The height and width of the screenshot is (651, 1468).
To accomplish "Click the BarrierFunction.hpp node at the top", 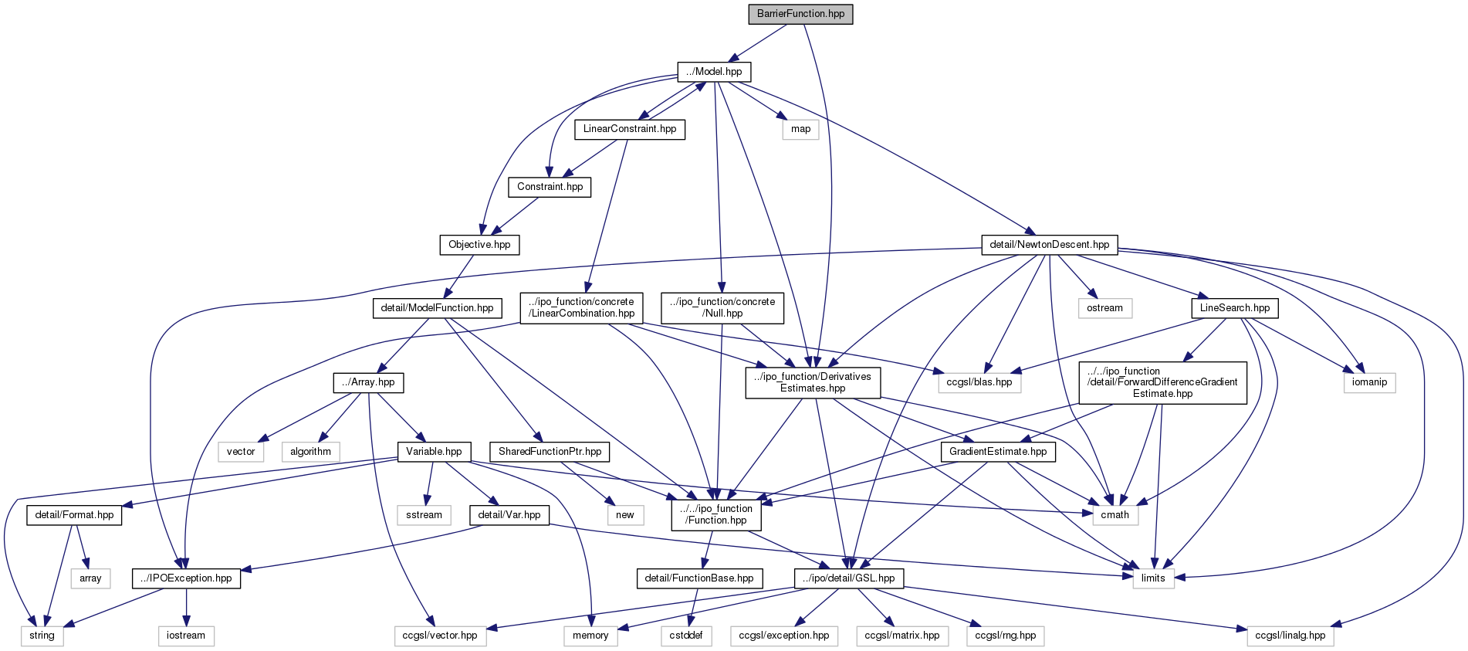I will pyautogui.click(x=800, y=14).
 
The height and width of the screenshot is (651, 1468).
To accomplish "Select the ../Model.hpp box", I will pyautogui.click(x=714, y=72).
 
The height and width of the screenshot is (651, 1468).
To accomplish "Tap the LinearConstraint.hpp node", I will pyautogui.click(x=629, y=129).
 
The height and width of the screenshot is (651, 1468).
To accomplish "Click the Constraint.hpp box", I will pyautogui.click(x=550, y=187).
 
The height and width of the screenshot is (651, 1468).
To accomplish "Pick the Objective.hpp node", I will pyautogui.click(x=479, y=245).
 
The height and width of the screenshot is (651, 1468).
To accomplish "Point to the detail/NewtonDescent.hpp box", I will pyautogui.click(x=1049, y=245).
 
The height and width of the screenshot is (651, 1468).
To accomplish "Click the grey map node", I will pyautogui.click(x=800, y=129).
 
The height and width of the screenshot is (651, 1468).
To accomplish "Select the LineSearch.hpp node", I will pyautogui.click(x=1234, y=308).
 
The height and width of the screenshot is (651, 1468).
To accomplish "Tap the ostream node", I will pyautogui.click(x=1104, y=308).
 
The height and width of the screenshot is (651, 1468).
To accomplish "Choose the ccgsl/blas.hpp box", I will pyautogui.click(x=979, y=382).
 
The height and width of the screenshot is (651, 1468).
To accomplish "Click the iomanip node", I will pyautogui.click(x=1369, y=382).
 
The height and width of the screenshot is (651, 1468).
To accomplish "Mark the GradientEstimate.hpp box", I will pyautogui.click(x=998, y=452).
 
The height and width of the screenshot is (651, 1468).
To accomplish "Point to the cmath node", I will pyautogui.click(x=1115, y=515).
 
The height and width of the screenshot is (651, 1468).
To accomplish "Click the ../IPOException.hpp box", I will pyautogui.click(x=186, y=578).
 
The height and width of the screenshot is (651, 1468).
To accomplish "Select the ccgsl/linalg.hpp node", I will pyautogui.click(x=1290, y=636).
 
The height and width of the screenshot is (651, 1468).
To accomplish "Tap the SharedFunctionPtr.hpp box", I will pyautogui.click(x=550, y=452).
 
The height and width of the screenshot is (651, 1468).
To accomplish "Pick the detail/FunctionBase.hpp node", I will pyautogui.click(x=699, y=578).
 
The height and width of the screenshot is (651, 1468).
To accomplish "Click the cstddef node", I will pyautogui.click(x=685, y=636).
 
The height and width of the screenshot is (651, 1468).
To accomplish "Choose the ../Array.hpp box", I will pyautogui.click(x=368, y=382).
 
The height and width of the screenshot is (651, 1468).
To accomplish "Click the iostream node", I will pyautogui.click(x=186, y=636).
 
